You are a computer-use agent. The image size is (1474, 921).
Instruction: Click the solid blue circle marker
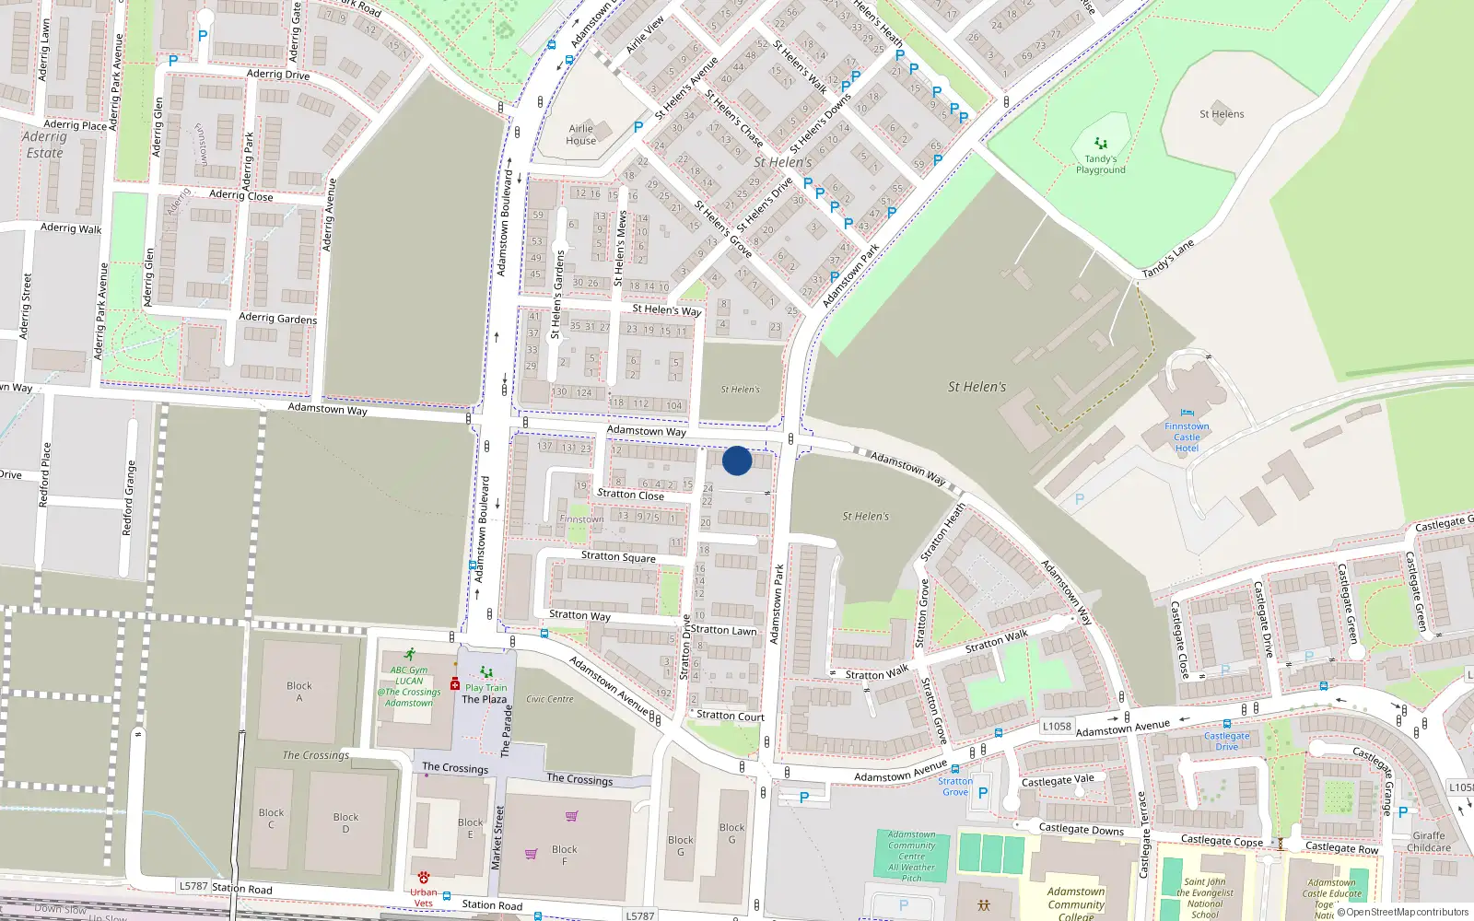(x=737, y=460)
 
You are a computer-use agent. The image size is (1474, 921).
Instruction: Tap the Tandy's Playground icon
(x=1100, y=144)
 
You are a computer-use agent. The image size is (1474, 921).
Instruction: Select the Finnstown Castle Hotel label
(x=1187, y=437)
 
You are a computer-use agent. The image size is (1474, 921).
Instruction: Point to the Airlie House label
(x=581, y=134)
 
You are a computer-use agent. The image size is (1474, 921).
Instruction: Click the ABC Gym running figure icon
(x=410, y=655)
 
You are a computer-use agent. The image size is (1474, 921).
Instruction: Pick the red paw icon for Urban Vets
(x=424, y=878)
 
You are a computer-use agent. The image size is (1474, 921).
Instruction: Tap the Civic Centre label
(x=550, y=699)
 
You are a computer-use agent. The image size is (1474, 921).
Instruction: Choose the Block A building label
(x=298, y=692)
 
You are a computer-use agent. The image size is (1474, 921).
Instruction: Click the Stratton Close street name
(x=630, y=495)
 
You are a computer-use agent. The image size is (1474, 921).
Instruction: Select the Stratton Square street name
(x=618, y=556)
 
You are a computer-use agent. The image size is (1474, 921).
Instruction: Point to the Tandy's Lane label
(x=1168, y=258)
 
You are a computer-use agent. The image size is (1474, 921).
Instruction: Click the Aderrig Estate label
(x=44, y=145)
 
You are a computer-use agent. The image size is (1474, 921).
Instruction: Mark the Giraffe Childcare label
(x=1429, y=842)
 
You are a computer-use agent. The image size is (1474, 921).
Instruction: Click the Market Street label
(x=497, y=837)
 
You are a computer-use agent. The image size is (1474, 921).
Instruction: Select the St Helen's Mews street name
(x=620, y=248)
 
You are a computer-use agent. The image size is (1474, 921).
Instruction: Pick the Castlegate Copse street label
(x=1222, y=841)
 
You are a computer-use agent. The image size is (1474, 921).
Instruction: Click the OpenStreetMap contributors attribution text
(x=1407, y=913)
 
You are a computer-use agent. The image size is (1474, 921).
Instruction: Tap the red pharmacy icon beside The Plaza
(x=455, y=684)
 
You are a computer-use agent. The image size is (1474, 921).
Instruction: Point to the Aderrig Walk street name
(x=71, y=227)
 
